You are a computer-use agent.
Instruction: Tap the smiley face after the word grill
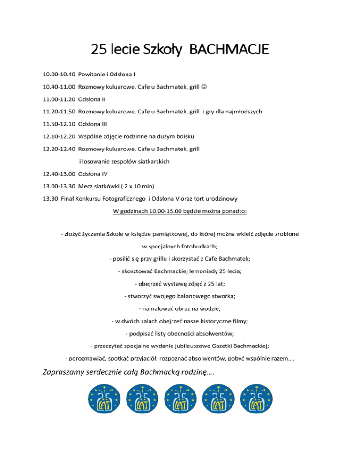click(x=204, y=87)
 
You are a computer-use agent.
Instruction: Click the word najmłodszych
click(x=240, y=112)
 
